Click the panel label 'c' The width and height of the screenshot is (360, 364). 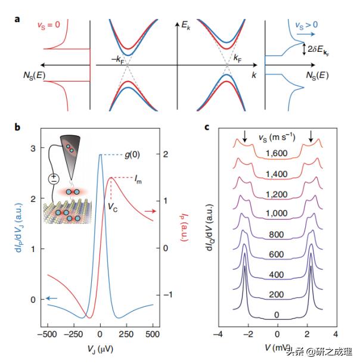[207, 126]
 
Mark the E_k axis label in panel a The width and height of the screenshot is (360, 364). [187, 24]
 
